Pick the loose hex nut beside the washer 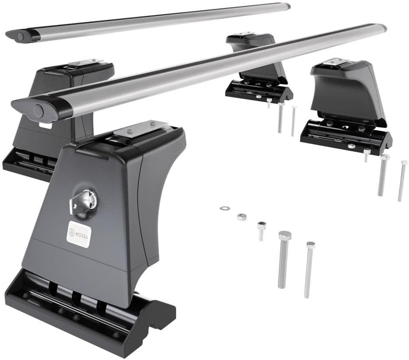[x=241, y=216]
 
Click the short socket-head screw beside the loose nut [x=261, y=230]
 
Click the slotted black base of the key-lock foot [x=88, y=316]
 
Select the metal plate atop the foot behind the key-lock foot [x=86, y=62]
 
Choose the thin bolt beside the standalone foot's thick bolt [x=402, y=180]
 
